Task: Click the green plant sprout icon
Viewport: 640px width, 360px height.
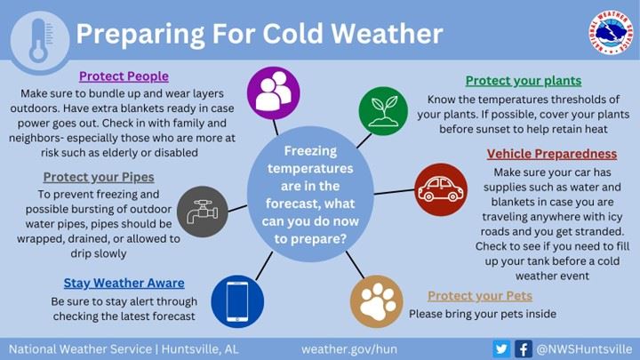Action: tap(383, 110)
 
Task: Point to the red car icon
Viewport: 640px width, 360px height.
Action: tap(440, 189)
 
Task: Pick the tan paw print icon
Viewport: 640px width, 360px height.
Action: tap(377, 300)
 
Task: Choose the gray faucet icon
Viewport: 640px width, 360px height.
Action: tap(204, 212)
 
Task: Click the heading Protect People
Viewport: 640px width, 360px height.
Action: tap(124, 76)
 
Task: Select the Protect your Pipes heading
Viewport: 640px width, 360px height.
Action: tap(97, 177)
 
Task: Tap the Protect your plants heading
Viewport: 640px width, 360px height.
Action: tap(523, 81)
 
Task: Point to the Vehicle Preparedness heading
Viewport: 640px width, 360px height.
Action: tap(550, 154)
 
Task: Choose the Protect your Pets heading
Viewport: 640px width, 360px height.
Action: tap(479, 296)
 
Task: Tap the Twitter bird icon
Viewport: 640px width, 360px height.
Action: tap(502, 348)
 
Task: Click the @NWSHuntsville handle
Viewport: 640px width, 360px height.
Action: tap(585, 348)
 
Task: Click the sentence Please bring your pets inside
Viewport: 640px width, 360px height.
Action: tap(482, 314)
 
